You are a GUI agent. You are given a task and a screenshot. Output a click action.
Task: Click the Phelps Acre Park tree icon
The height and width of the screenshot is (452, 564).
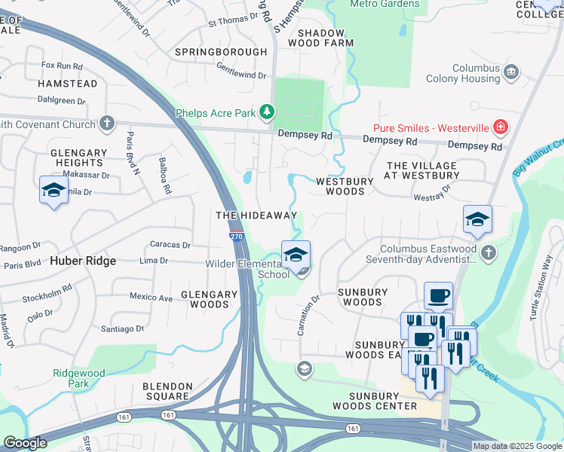pos(266,113)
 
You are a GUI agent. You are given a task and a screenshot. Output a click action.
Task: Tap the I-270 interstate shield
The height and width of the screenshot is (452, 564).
pos(236,236)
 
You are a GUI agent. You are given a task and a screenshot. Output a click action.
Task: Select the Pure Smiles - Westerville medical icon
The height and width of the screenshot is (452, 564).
pos(500,126)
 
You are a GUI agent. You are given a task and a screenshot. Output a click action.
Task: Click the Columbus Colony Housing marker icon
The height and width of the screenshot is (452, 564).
pos(511,72)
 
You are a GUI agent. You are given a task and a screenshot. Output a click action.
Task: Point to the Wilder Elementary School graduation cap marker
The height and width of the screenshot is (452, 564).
pos(296,254)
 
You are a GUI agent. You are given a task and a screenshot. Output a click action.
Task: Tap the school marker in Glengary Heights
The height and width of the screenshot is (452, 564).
pos(54,190)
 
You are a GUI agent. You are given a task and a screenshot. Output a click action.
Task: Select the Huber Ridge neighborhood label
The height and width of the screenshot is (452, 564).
pos(83,261)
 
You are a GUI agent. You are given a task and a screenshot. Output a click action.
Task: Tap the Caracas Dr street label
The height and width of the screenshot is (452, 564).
pos(170,245)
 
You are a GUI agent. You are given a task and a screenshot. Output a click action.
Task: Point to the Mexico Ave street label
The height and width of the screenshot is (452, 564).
pos(151,298)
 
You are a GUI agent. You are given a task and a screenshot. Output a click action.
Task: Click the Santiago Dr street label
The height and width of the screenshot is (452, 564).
pos(122,328)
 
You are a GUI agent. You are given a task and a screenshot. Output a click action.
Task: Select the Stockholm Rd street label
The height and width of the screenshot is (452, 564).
pos(47,288)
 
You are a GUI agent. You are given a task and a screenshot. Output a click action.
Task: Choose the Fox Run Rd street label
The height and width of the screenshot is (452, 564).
pos(61,66)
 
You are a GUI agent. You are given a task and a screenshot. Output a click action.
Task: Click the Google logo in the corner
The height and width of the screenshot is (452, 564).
pos(26,443)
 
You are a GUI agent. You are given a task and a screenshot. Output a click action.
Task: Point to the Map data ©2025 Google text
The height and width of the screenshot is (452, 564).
pos(516,446)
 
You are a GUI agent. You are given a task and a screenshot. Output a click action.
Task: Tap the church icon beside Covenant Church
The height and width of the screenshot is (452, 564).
pos(107,122)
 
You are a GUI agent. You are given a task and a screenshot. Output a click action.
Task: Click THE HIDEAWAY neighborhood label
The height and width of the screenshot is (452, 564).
pos(256,215)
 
